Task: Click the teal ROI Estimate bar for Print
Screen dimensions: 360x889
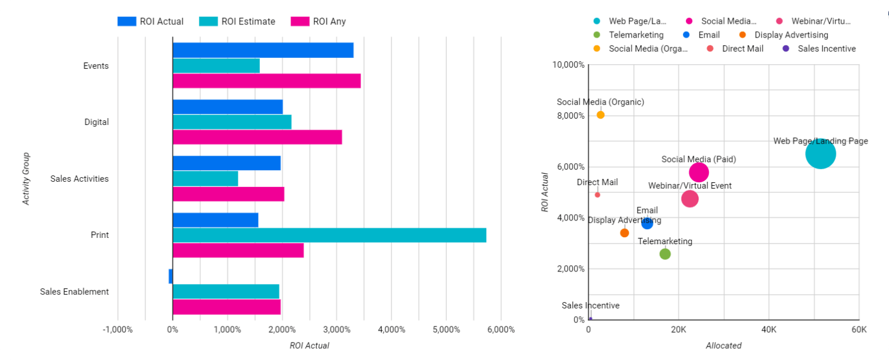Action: point(329,236)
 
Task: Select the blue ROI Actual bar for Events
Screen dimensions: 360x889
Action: point(263,50)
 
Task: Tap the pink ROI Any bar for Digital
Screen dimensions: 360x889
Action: point(257,137)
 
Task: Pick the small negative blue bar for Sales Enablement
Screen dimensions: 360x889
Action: point(170,276)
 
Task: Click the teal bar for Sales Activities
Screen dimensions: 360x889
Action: point(205,179)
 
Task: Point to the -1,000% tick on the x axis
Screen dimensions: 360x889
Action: point(117,329)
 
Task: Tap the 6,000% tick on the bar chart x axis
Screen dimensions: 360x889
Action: point(501,329)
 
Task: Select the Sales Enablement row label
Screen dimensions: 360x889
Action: point(74,292)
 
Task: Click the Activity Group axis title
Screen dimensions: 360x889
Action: point(26,179)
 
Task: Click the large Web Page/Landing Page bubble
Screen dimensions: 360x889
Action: point(820,154)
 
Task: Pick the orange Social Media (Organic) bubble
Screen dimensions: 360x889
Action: point(600,115)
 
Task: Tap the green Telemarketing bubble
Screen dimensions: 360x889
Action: point(665,254)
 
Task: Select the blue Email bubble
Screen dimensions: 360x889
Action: point(647,223)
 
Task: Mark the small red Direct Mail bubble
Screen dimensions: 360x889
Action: point(597,194)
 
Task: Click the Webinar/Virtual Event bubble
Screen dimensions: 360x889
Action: point(689,199)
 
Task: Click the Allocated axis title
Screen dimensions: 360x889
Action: point(723,346)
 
